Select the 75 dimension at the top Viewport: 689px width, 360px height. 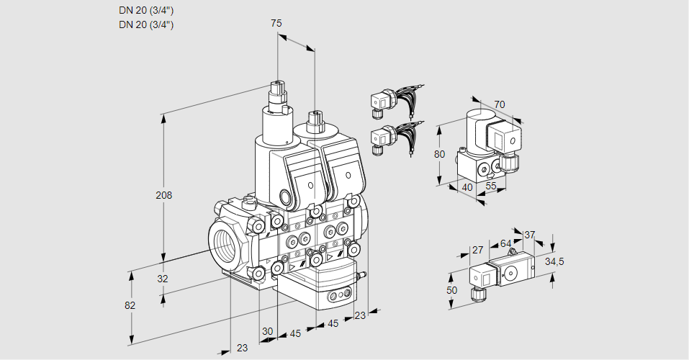pyautogui.click(x=276, y=23)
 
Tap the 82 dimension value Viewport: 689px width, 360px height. pyautogui.click(x=130, y=305)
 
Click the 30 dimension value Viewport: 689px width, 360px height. pyautogui.click(x=267, y=331)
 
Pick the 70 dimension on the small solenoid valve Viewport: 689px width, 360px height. pyautogui.click(x=500, y=104)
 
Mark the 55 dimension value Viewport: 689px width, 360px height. pyautogui.click(x=491, y=186)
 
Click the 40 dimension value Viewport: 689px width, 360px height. pyautogui.click(x=467, y=186)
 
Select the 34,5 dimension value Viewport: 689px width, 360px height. pyautogui.click(x=554, y=261)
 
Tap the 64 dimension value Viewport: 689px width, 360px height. pyautogui.click(x=505, y=243)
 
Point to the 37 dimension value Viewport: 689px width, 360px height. pyautogui.click(x=529, y=235)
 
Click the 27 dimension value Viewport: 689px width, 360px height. pyautogui.click(x=477, y=250)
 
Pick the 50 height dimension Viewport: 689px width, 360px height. pyautogui.click(x=451, y=289)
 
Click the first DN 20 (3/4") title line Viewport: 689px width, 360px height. pyautogui.click(x=146, y=10)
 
